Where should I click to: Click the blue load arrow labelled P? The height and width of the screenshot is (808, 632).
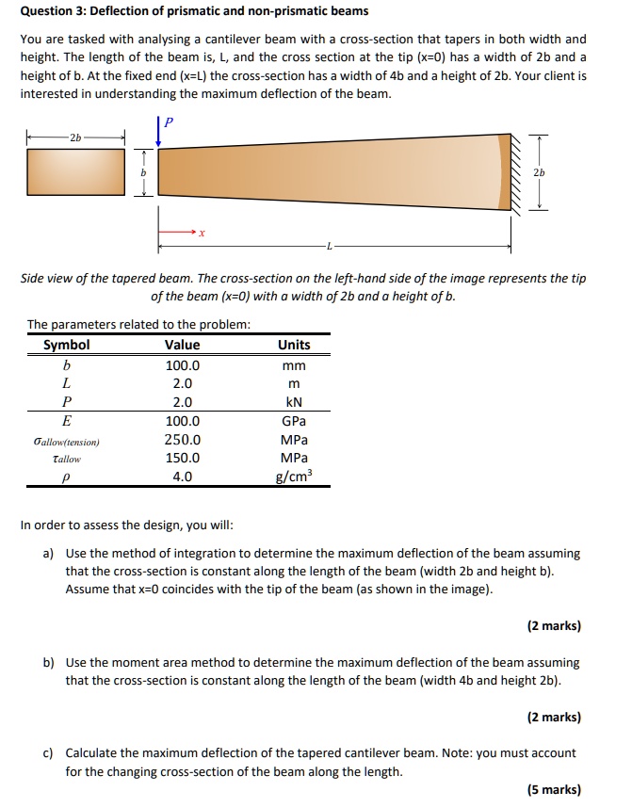(158, 131)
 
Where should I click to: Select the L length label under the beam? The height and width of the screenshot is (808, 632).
(329, 248)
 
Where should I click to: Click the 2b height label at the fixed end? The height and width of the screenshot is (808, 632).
(538, 172)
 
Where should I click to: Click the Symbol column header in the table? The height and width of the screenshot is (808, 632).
(67, 345)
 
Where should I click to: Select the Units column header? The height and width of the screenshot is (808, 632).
(294, 345)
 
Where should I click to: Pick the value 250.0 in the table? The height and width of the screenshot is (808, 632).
(183, 440)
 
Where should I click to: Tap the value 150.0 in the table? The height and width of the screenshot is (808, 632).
(183, 459)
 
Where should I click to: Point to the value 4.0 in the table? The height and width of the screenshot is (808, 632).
(183, 477)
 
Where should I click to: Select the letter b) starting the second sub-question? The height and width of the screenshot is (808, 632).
(49, 663)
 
